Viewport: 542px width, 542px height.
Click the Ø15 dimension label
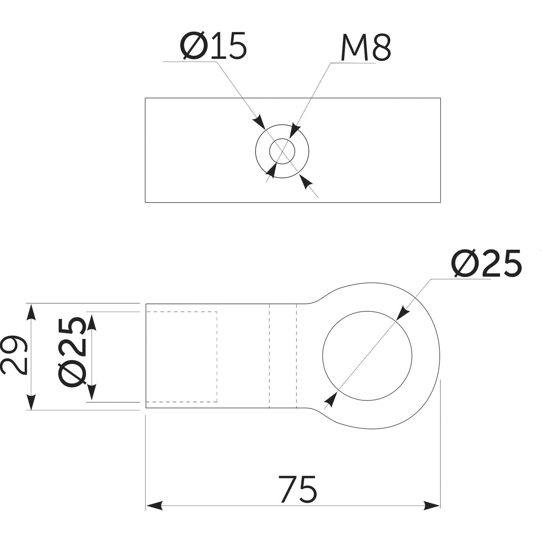[213, 46]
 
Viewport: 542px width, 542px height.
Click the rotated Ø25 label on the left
[71, 352]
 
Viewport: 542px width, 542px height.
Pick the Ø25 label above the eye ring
[486, 264]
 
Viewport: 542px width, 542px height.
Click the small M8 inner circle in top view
[282, 151]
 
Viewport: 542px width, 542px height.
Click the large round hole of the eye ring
[367, 355]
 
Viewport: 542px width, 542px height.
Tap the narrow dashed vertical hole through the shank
[283, 356]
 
